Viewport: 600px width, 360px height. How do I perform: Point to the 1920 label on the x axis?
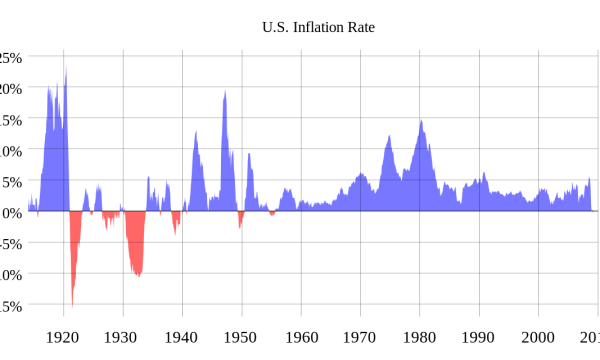pos(63,337)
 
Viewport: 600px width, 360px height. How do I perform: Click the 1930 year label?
pos(122,337)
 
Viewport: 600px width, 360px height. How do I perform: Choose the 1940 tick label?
pos(182,337)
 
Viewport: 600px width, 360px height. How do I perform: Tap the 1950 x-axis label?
pos(241,337)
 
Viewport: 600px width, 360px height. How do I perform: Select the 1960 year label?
pos(301,337)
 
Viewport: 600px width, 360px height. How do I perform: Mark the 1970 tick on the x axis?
pos(360,337)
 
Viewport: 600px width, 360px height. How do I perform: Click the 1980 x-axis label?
pos(420,337)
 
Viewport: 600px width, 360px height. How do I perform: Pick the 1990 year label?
pos(479,337)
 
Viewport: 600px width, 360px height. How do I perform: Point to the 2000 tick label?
pos(539,337)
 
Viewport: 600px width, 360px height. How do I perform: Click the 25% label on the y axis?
pos(10,58)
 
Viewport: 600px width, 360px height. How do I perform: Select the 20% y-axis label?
pos(10,89)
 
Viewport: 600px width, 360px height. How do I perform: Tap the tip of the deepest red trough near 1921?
pos(72,305)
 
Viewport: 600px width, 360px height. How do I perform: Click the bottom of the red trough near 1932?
pos(137,276)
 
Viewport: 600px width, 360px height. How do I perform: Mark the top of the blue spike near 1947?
pos(225,91)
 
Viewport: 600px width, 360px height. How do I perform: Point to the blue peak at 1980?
pos(421,121)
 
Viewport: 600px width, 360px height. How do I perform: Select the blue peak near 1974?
pos(388,135)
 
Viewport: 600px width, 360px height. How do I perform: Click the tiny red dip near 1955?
pos(271,214)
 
